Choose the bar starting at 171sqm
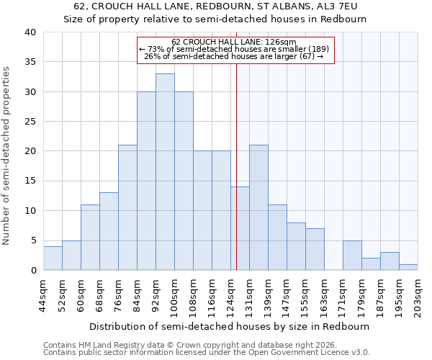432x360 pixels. (352, 255)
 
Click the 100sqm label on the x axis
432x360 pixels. (174, 295)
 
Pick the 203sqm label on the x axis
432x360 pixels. (418, 295)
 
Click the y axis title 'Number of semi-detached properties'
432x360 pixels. (7, 156)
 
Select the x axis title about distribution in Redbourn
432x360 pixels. (230, 326)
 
